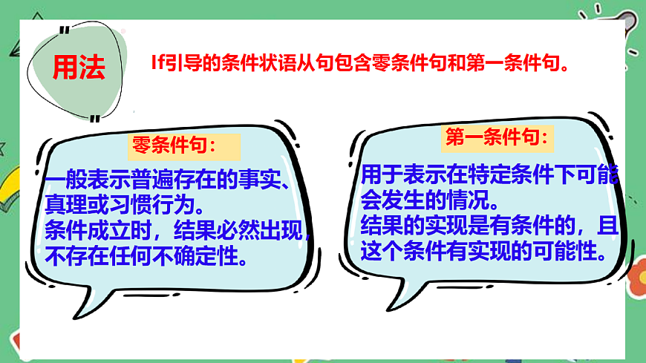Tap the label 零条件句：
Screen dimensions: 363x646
[174, 145]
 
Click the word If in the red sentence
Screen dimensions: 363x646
[156, 64]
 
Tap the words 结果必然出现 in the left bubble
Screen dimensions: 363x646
[238, 230]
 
